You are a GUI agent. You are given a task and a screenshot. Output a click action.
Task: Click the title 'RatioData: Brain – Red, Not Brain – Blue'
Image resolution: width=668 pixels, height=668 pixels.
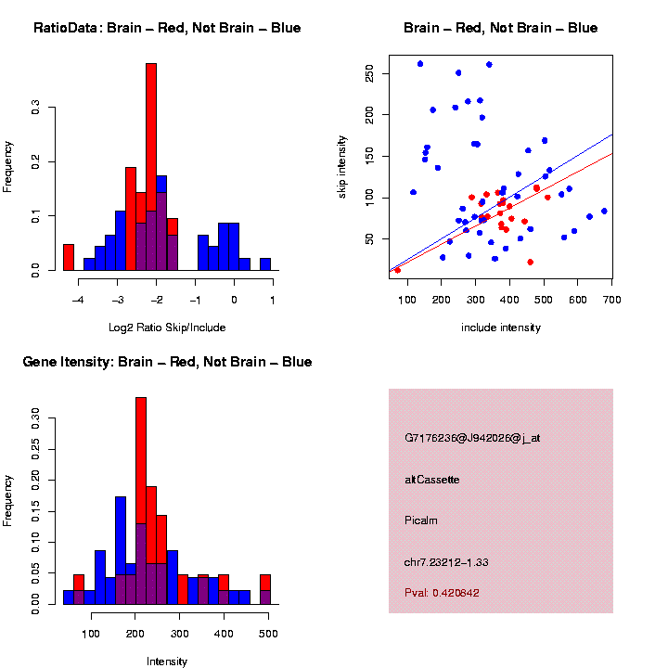click(167, 28)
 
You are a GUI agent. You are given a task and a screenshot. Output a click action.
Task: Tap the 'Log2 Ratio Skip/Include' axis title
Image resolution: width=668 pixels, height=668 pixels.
click(167, 328)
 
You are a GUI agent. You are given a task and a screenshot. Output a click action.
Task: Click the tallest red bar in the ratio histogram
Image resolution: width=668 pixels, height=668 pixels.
click(151, 139)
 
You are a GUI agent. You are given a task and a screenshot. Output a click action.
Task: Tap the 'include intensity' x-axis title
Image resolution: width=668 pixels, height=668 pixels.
click(501, 328)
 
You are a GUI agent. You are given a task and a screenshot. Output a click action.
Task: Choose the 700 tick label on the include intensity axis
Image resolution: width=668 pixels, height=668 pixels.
click(611, 299)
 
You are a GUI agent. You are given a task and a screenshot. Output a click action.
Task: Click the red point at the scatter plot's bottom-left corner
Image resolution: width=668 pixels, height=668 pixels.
click(398, 270)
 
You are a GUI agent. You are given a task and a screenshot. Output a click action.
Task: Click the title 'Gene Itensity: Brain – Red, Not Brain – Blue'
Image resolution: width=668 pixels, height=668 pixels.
click(167, 362)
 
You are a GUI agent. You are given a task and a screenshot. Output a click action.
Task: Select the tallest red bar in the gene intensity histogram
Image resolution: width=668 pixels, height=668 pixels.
click(141, 464)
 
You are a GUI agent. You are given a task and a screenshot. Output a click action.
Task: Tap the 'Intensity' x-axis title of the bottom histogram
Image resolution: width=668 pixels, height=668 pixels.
click(167, 662)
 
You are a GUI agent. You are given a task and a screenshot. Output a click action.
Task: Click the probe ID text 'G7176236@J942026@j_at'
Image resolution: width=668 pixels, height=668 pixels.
click(472, 438)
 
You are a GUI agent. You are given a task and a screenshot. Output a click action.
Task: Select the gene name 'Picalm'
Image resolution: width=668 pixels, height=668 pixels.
click(421, 520)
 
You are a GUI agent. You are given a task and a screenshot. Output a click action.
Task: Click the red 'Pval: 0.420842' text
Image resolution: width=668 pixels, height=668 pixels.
click(443, 593)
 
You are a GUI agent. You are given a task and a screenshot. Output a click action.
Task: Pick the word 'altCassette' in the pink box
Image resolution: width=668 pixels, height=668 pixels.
click(432, 480)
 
